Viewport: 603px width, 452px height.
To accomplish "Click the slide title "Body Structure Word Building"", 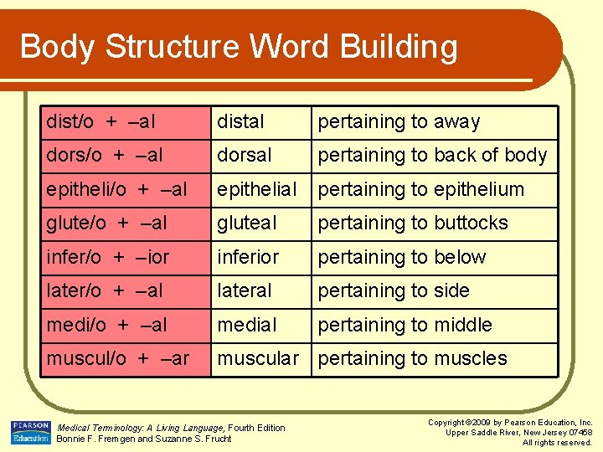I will pyautogui.click(x=239, y=47).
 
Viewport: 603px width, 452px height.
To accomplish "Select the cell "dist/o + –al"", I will pyautogui.click(x=101, y=122).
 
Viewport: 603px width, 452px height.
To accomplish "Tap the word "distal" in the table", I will pyautogui.click(x=240, y=122).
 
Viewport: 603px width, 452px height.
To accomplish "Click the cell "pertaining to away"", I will pyautogui.click(x=399, y=122).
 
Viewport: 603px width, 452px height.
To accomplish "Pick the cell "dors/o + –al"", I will pyautogui.click(x=105, y=156).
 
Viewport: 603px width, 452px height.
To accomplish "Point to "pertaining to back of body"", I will pyautogui.click(x=432, y=156).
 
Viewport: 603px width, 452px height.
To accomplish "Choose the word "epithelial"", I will pyautogui.click(x=256, y=190).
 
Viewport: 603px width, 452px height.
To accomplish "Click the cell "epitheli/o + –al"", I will pyautogui.click(x=117, y=190).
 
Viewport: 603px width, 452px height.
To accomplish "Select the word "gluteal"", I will pyautogui.click(x=246, y=223).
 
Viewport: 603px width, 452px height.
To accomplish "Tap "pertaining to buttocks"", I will pyautogui.click(x=413, y=223).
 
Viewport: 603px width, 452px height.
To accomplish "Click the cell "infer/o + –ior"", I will pyautogui.click(x=108, y=258).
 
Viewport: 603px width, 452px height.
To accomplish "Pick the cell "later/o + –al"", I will pyautogui.click(x=105, y=291).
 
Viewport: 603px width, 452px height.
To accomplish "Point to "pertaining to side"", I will pyautogui.click(x=394, y=291).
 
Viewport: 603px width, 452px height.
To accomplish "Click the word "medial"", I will pyautogui.click(x=246, y=325).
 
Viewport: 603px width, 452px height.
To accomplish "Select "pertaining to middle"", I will pyautogui.click(x=405, y=325).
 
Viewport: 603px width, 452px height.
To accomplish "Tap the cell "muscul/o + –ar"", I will pyautogui.click(x=118, y=359).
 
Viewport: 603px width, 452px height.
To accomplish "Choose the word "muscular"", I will pyautogui.click(x=258, y=359).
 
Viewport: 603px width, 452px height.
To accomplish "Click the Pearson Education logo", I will pyautogui.click(x=30, y=432).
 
